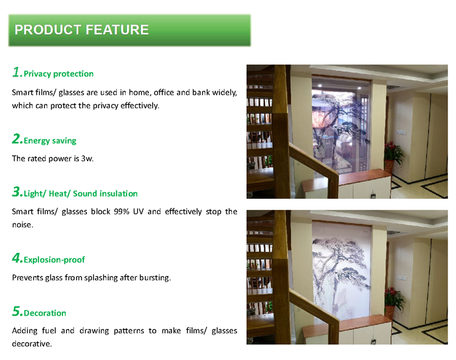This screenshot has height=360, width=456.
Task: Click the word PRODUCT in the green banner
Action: [x=48, y=30]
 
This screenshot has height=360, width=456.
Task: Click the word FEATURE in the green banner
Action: [x=117, y=30]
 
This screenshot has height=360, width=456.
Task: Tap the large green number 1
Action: [x=17, y=72]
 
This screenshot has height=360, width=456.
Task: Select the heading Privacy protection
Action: [x=58, y=74]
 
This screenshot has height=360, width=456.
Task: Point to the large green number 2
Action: [x=17, y=139]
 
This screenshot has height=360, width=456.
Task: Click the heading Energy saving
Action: [x=50, y=140]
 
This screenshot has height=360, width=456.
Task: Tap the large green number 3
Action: [x=17, y=192]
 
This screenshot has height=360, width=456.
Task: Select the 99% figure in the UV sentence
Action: [x=122, y=212]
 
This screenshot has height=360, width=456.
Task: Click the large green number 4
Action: [x=17, y=258]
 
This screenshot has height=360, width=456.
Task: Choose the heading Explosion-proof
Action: [x=54, y=260]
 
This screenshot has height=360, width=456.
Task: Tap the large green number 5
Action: [x=17, y=311]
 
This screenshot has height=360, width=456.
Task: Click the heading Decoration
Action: [x=45, y=313]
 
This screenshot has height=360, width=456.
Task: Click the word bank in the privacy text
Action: [x=201, y=92]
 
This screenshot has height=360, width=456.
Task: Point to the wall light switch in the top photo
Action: [x=401, y=133]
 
